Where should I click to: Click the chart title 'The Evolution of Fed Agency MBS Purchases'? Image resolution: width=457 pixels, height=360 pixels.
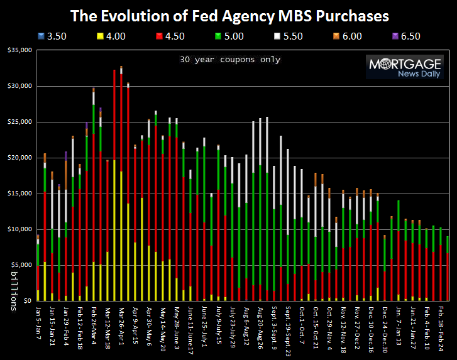coord(229,14)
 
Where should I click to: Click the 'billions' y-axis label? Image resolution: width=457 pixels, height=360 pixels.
coord(13,293)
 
